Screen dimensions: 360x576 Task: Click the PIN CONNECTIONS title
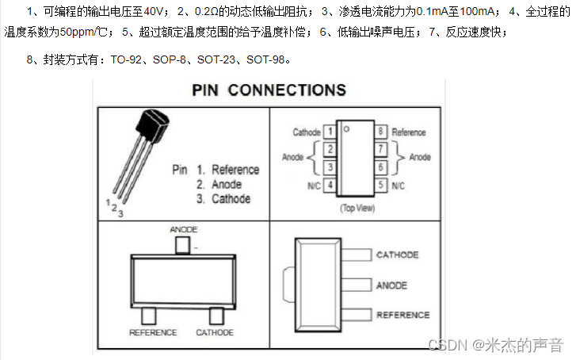[x=269, y=90]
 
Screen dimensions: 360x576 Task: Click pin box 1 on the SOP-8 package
[x=329, y=132]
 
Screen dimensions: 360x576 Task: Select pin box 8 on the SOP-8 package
[x=381, y=132]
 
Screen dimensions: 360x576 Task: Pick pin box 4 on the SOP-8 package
[x=329, y=186]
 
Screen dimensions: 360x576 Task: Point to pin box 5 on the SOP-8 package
[x=381, y=186]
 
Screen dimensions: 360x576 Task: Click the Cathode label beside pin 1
[x=307, y=132]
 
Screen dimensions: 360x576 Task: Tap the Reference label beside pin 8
[x=409, y=132]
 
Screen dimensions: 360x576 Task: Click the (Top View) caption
[x=357, y=208]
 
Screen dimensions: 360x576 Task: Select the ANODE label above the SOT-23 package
[x=183, y=230]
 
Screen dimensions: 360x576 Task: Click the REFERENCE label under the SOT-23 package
[x=153, y=333]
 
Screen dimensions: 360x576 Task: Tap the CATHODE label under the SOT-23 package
[x=215, y=333]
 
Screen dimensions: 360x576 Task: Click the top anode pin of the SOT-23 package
[x=183, y=244]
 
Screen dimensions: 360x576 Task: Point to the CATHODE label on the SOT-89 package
[x=398, y=255]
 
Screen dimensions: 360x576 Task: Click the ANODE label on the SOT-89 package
[x=392, y=285]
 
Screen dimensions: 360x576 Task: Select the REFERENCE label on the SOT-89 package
[x=403, y=315]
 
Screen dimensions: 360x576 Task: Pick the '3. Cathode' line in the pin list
[x=223, y=199]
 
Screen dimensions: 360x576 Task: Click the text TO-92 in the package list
[x=128, y=59]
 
